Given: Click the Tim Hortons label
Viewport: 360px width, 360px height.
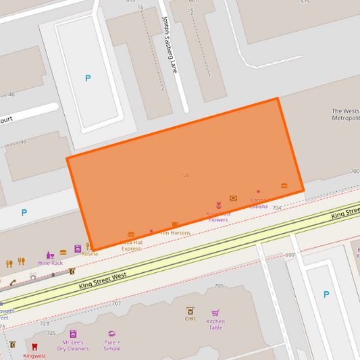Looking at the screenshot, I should click(175, 233).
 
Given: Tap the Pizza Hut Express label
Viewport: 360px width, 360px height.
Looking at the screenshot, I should click(131, 245).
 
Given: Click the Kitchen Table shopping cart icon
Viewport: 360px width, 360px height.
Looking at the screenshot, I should click(215, 313).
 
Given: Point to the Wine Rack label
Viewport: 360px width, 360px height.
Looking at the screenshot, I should click(50, 263).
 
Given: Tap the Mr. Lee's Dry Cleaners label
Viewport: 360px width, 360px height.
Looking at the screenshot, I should click(72, 345).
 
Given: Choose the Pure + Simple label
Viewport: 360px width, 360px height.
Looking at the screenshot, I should click(111, 345).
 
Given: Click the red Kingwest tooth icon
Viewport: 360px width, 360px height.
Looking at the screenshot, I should click(34, 346).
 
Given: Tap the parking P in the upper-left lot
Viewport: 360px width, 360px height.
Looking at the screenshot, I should click(88, 78).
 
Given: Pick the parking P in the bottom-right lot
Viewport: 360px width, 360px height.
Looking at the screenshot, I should click(326, 294).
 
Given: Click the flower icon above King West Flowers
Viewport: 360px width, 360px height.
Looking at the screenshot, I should click(218, 205).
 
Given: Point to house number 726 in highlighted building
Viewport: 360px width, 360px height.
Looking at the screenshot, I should click(185, 175).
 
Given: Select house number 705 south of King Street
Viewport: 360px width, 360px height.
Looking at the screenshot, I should click(218, 286).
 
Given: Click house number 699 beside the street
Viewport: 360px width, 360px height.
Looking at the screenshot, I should click(290, 255).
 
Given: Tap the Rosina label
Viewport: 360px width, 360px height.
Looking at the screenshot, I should click(89, 254).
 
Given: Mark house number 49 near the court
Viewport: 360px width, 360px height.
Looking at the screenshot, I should click(24, 142).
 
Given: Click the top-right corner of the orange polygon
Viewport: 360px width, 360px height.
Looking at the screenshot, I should click(277, 99).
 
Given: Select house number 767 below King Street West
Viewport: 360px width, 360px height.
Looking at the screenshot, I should click(117, 303).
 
